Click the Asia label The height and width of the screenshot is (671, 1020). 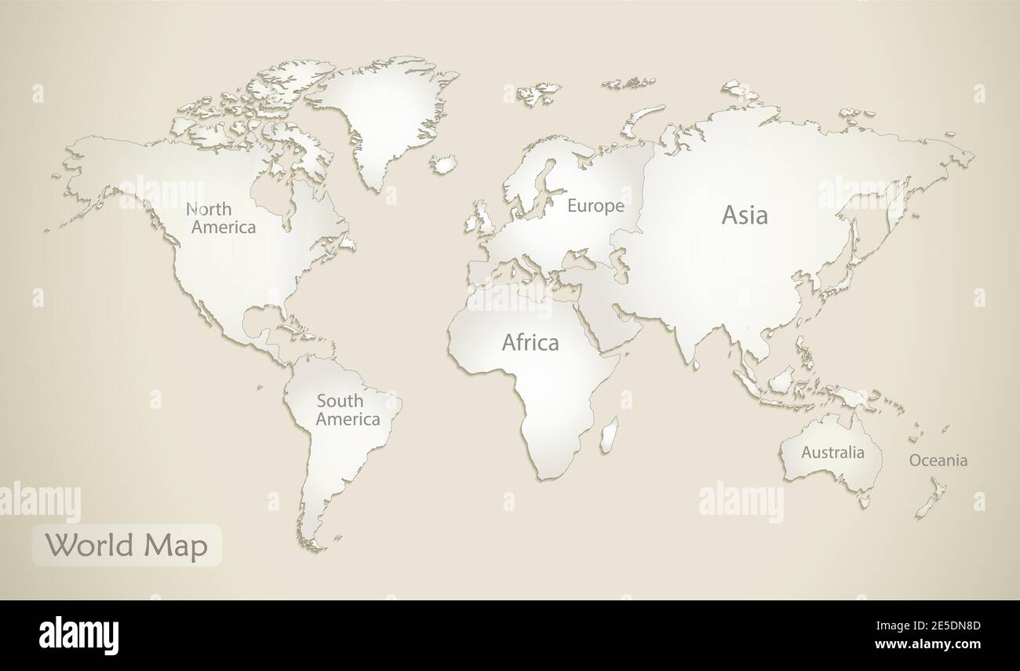point(745,215)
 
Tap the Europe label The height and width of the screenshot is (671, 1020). point(596,206)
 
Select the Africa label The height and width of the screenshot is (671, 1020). point(530,343)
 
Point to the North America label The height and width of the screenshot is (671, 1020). point(220,218)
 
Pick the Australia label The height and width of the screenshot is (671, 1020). point(832,453)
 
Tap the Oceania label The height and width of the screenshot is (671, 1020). point(938,461)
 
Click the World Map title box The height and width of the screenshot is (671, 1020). point(126,545)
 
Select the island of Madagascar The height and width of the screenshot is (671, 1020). point(609,434)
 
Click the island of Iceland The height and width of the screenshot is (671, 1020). point(443,163)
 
